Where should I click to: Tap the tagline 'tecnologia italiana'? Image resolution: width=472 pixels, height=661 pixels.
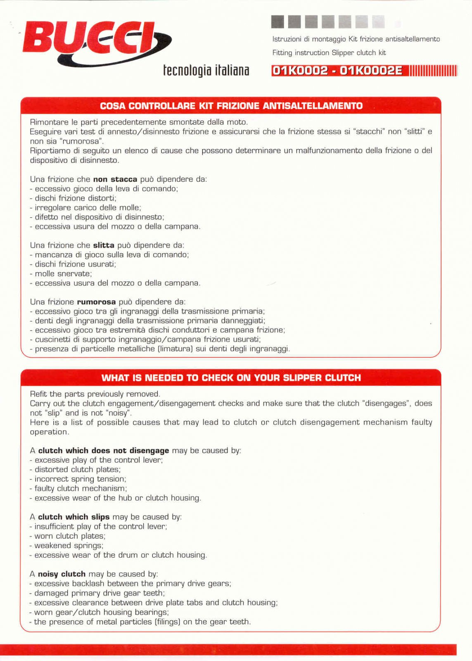click(x=206, y=71)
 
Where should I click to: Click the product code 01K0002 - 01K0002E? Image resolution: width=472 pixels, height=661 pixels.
click(x=337, y=71)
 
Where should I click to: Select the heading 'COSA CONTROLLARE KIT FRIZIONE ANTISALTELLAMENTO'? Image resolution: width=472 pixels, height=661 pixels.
click(x=231, y=106)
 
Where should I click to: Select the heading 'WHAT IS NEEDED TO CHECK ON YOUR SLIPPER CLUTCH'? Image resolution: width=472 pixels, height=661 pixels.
click(x=231, y=378)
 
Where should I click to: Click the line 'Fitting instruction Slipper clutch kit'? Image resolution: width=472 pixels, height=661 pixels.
click(x=329, y=53)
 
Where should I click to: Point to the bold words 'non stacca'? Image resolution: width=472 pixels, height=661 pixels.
click(x=115, y=179)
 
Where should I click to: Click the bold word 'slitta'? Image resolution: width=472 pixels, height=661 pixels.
click(x=103, y=245)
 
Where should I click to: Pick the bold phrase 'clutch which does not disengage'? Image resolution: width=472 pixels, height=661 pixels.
click(x=104, y=451)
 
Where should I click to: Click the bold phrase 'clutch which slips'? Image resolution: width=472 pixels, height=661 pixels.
click(x=74, y=517)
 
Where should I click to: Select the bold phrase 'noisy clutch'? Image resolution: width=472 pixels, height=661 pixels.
click(x=62, y=574)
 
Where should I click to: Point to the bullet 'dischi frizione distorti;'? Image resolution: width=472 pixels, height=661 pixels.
click(x=75, y=198)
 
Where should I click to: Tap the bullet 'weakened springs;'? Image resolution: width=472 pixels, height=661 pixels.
click(x=69, y=545)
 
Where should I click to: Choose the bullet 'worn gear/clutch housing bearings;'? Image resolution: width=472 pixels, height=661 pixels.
click(x=101, y=612)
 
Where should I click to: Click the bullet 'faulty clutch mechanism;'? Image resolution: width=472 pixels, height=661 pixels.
click(x=81, y=488)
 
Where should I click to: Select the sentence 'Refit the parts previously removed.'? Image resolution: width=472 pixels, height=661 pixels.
click(x=95, y=394)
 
